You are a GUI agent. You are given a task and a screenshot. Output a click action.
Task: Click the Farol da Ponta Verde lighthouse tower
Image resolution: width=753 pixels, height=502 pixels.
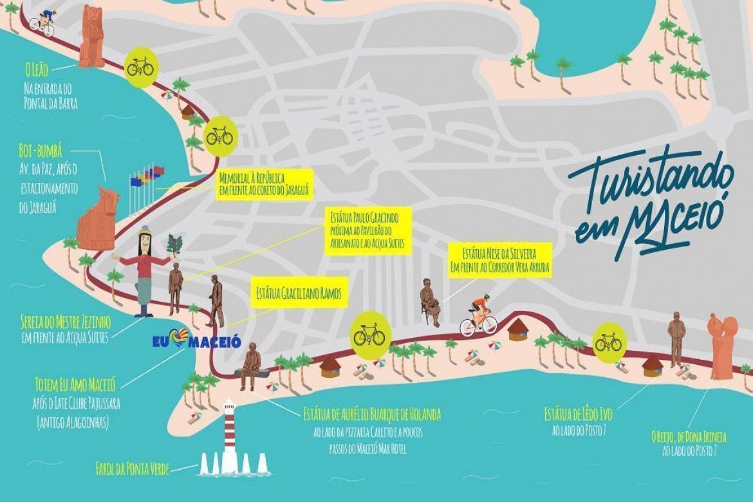[229, 432]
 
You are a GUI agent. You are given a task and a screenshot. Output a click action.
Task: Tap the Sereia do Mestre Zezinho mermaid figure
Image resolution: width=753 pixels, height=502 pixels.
[144, 270]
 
